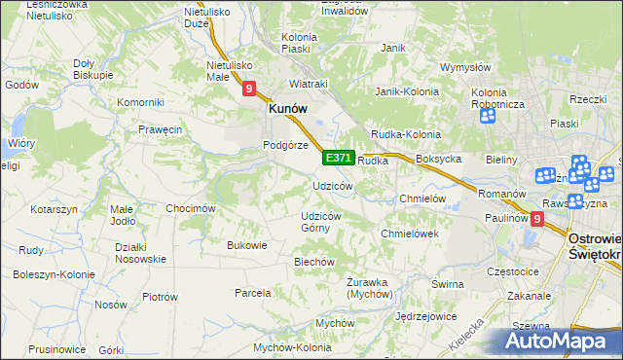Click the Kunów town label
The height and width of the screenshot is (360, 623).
click(288, 111)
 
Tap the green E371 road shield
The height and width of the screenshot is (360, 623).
click(338, 158)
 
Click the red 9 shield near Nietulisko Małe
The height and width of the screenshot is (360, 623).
click(249, 90)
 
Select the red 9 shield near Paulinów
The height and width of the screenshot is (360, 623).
click(536, 221)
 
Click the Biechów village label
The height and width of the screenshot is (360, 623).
click(314, 262)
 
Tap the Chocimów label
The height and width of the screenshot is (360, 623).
click(190, 208)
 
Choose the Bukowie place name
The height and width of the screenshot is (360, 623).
click(246, 245)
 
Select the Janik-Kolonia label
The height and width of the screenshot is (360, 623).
click(408, 91)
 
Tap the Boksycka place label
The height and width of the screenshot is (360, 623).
click(437, 159)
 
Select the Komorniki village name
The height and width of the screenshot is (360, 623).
click(139, 102)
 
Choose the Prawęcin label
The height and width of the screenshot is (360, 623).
click(161, 129)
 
